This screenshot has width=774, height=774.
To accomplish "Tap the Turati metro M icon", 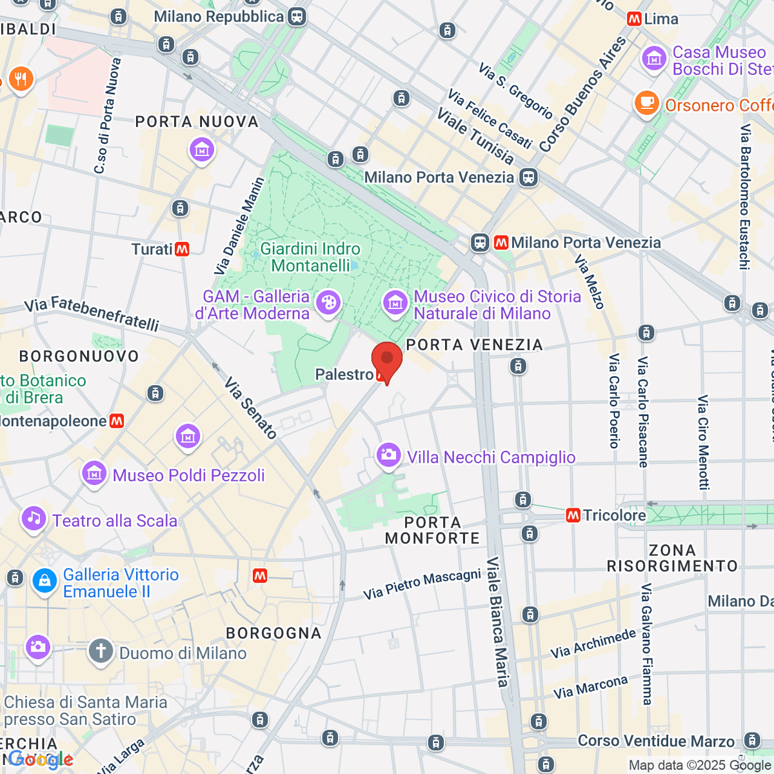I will pos(183,249).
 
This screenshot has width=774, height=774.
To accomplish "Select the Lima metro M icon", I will pos(634,19).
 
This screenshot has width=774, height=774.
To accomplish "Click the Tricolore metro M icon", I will pos(573,515).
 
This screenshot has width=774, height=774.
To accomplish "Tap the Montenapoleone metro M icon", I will pos(117,421).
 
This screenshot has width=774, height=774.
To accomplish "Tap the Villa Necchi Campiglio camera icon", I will pos(388,455).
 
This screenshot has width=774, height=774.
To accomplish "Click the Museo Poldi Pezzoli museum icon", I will pos(94,473).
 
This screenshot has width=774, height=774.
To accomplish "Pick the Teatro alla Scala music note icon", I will pos(34,519).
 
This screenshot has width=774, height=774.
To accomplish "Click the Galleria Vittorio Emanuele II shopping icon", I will pos(45,581).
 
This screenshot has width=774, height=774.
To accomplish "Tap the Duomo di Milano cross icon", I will pos(101,651).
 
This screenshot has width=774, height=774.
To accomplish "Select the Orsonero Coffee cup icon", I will pos(646,103).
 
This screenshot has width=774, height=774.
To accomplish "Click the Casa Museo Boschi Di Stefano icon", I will pos(654,59).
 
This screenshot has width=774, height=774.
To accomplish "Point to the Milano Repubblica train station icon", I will pos(297,17).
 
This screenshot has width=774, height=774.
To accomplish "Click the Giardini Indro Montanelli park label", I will pos(310,257).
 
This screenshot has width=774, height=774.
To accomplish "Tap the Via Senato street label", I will pos(250,408).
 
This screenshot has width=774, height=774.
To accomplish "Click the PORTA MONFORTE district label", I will pos(432,530).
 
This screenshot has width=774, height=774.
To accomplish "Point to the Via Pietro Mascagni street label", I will pos(422,584).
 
